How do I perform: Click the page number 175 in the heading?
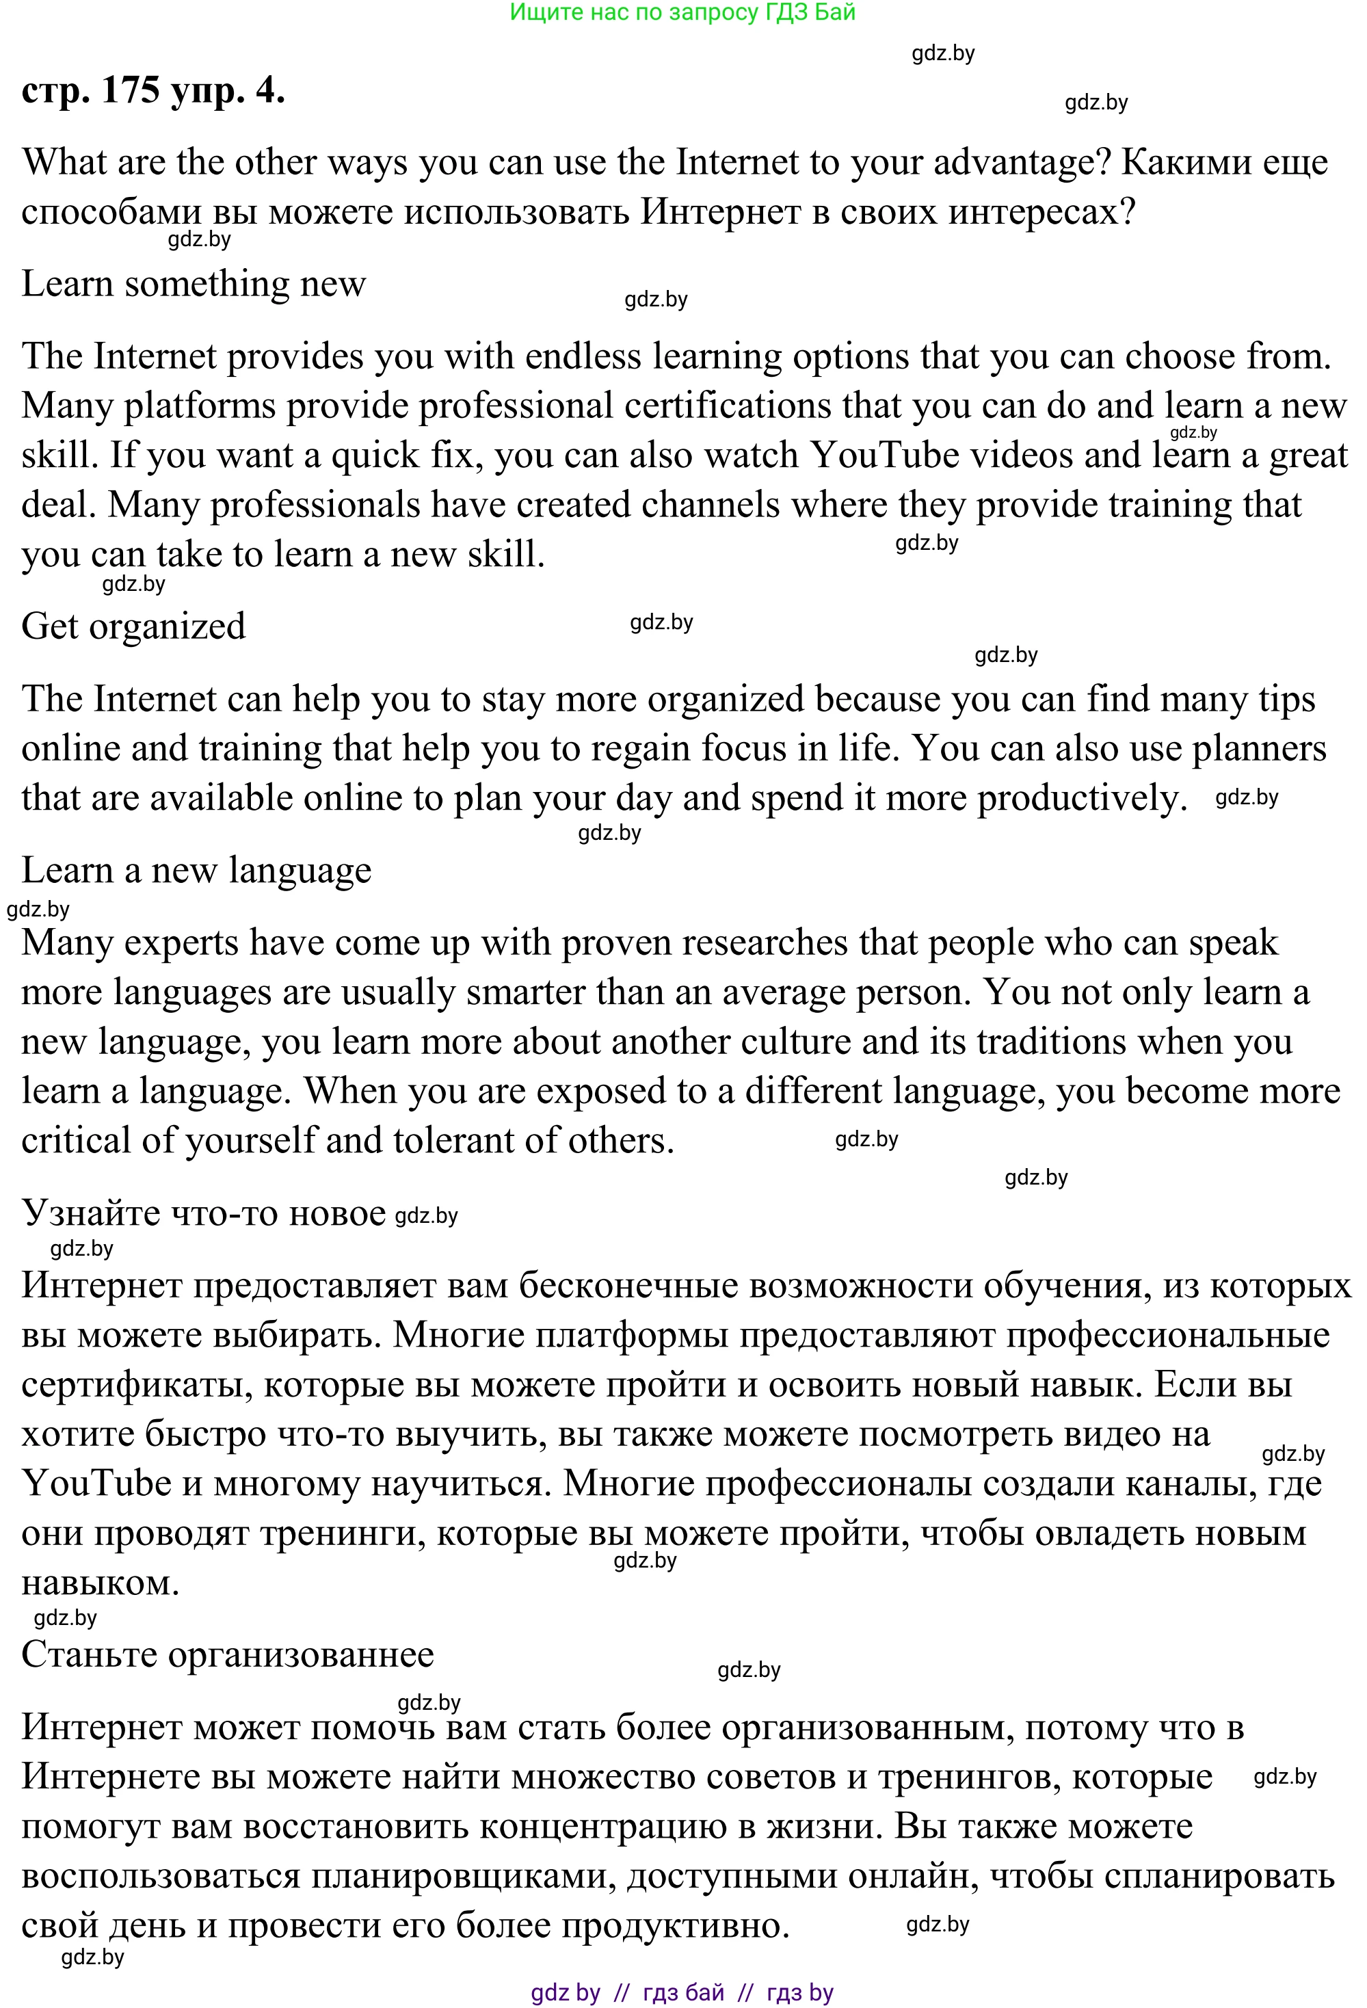click(x=130, y=90)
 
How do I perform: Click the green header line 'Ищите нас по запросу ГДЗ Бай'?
click(x=682, y=12)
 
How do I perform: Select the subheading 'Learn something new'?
click(x=194, y=283)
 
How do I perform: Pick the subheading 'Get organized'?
click(x=133, y=626)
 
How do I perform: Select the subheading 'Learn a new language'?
click(x=196, y=870)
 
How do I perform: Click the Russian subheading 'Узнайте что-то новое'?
click(x=203, y=1213)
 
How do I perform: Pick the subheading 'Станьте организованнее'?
click(x=227, y=1654)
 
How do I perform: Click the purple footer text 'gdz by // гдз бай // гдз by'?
click(x=682, y=1992)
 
